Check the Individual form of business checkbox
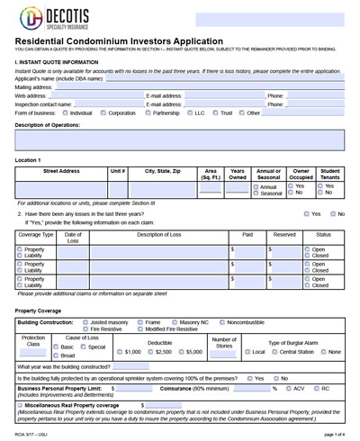(x=65, y=113)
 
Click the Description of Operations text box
(x=180, y=139)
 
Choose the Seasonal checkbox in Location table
(x=229, y=193)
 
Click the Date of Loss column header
(x=72, y=237)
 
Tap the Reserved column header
(x=284, y=233)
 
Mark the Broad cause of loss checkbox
(x=56, y=355)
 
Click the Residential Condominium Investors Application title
(x=119, y=41)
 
